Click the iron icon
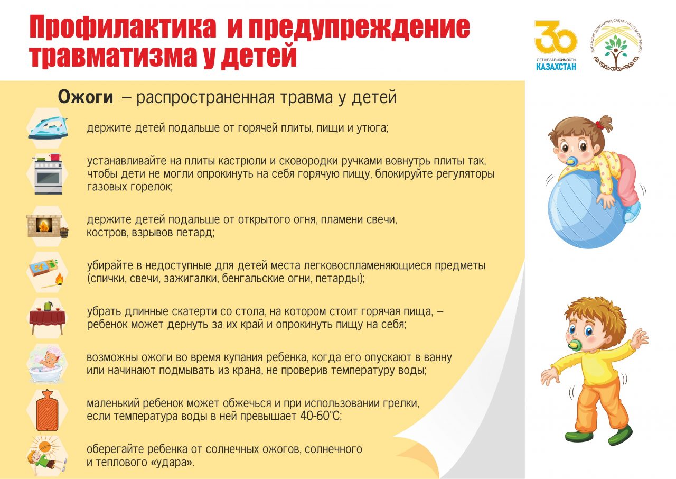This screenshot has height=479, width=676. click(48, 128)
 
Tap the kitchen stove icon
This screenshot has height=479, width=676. click(48, 174)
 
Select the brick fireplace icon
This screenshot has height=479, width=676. click(48, 226)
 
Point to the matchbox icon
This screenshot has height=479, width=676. click(46, 271)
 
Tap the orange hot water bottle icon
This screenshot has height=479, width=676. click(47, 410)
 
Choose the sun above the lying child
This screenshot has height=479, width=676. click(45, 446)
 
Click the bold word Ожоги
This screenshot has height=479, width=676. click(86, 97)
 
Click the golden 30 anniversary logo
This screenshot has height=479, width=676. click(556, 37)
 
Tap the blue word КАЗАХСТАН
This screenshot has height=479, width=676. click(556, 67)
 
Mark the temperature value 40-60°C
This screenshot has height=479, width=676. click(321, 416)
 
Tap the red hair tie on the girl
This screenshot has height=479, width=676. click(599, 124)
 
